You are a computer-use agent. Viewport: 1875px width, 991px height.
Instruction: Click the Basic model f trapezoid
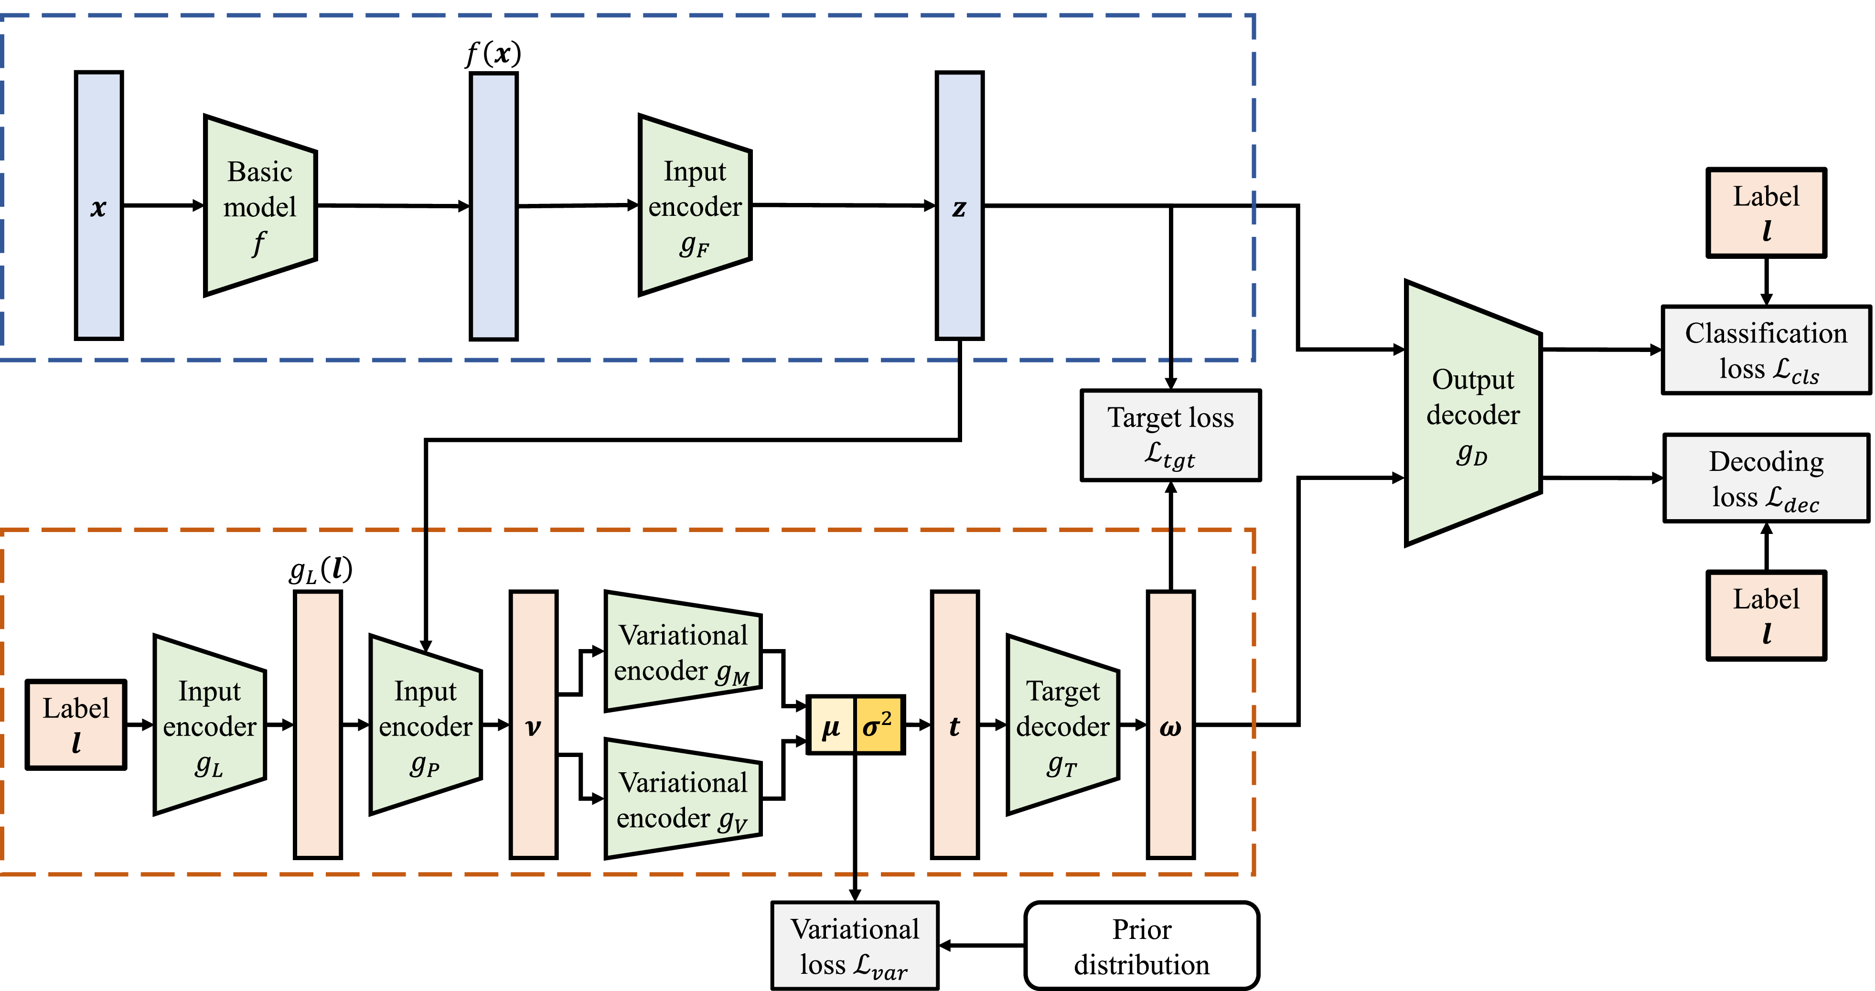tap(260, 206)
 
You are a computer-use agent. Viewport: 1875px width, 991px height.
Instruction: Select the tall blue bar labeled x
tap(99, 206)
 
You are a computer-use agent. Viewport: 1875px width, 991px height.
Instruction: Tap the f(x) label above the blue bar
tap(493, 53)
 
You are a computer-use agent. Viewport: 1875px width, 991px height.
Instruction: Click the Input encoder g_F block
tap(695, 206)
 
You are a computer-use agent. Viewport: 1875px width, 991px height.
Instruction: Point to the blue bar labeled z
tap(959, 206)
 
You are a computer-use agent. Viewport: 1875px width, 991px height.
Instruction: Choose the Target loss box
tap(1170, 435)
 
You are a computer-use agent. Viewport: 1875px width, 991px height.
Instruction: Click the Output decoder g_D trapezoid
tap(1472, 413)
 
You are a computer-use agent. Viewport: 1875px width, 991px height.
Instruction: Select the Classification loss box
tap(1766, 351)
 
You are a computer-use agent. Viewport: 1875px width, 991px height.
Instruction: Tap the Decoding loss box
tap(1766, 478)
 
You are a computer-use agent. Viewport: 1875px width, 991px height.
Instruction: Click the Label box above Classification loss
tap(1766, 213)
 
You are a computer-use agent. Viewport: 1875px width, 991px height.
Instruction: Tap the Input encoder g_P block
tap(425, 725)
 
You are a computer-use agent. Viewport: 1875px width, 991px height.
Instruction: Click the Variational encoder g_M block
tap(683, 652)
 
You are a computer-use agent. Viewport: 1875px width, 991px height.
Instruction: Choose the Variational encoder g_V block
tap(683, 799)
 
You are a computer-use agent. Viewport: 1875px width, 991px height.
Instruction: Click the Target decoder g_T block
tap(1062, 725)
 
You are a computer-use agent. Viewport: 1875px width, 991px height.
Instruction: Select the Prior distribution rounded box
tap(1141, 946)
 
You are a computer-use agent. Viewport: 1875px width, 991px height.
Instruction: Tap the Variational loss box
tap(855, 946)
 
